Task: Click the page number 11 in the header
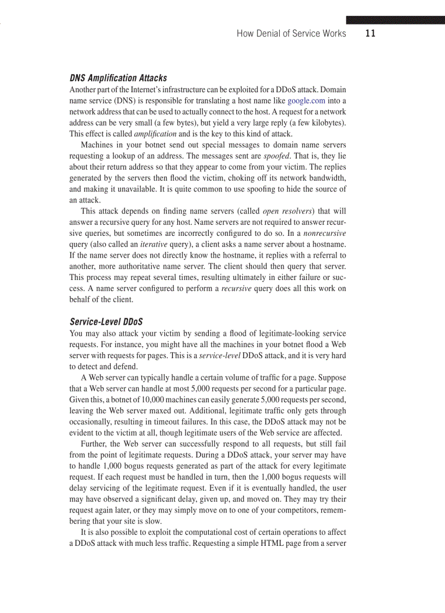point(370,33)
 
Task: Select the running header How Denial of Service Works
point(291,34)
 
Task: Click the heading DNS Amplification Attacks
point(118,78)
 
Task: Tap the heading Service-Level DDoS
point(106,322)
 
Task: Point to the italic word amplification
point(155,133)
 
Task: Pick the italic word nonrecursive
point(324,233)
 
